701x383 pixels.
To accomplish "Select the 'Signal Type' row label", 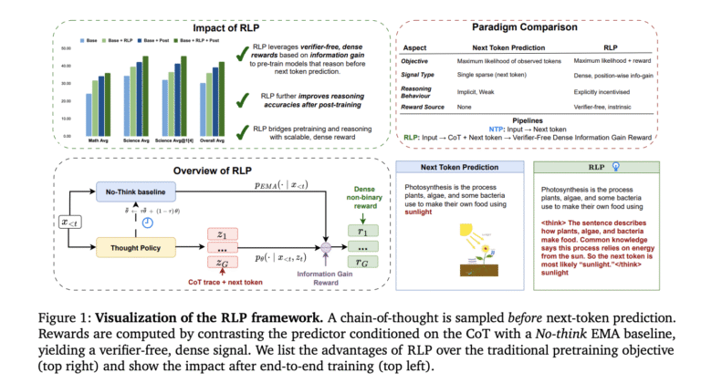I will click(x=417, y=78).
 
